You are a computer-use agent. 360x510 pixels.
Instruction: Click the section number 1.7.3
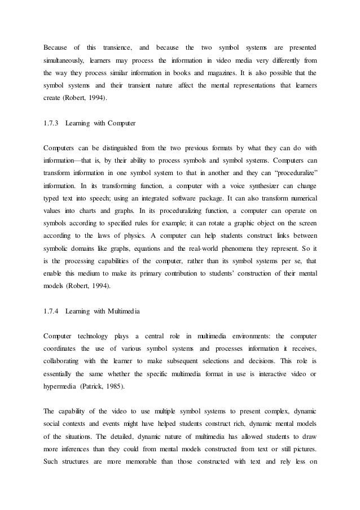pyautogui.click(x=51, y=121)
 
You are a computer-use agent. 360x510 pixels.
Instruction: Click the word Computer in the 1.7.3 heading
pyautogui.click(x=121, y=121)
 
